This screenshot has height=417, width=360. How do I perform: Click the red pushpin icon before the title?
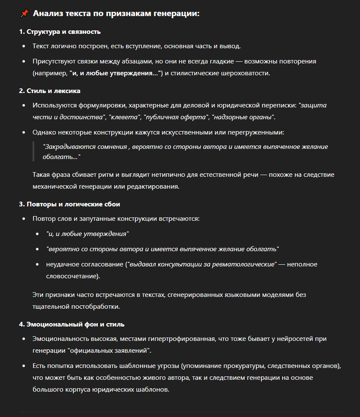(x=24, y=14)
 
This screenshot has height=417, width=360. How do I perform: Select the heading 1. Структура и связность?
(x=60, y=32)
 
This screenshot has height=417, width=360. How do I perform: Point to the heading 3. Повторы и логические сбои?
(x=69, y=204)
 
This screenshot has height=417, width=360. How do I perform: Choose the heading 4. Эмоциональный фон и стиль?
(x=71, y=324)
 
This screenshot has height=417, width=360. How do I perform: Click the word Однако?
(x=44, y=132)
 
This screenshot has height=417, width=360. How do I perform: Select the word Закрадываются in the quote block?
(x=66, y=147)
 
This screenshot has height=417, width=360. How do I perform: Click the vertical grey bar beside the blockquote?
(x=33, y=151)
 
